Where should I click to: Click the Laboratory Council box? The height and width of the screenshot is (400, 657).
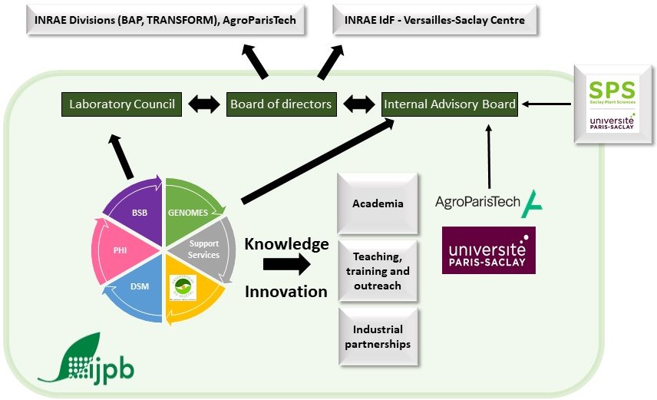(x=122, y=104)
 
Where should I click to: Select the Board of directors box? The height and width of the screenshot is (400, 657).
(x=281, y=104)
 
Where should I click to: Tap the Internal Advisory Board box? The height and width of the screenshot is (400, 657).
(x=450, y=104)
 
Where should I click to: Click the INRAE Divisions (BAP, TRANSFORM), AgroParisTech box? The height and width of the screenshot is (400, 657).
(x=165, y=21)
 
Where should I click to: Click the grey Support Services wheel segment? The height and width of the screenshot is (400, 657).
(x=204, y=249)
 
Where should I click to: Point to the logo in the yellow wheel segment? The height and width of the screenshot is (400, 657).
(x=183, y=287)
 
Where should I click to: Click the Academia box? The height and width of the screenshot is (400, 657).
(x=378, y=203)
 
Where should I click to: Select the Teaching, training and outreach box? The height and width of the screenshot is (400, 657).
(x=378, y=271)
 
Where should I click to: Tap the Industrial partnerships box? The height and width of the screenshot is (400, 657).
(x=378, y=337)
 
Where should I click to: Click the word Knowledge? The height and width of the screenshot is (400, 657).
(x=286, y=244)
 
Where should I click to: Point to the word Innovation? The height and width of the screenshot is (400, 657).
(x=286, y=291)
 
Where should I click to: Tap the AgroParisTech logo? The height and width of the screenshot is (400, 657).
(x=487, y=203)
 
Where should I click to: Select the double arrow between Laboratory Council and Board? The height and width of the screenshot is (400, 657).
(x=203, y=104)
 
